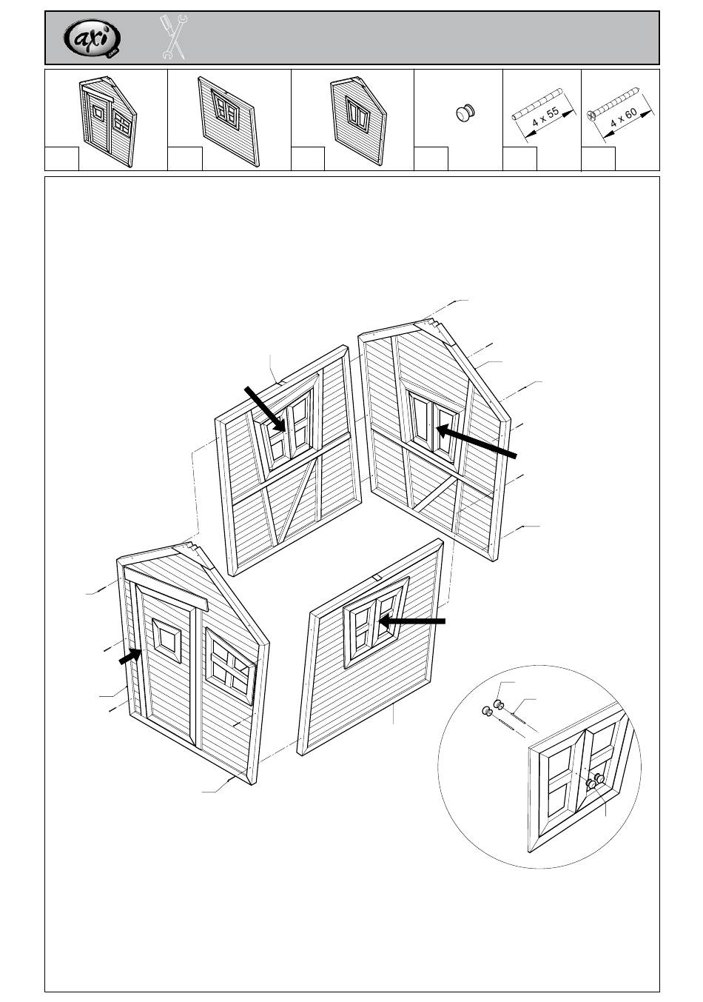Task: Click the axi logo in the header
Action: click(x=92, y=38)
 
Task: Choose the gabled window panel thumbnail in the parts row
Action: click(x=358, y=118)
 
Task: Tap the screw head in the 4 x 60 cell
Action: click(x=592, y=115)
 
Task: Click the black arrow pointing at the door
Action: click(x=130, y=656)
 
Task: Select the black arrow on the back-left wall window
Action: click(x=265, y=408)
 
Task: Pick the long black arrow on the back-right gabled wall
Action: click(x=475, y=442)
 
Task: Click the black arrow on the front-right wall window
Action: click(x=411, y=621)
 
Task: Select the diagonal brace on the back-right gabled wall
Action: click(x=435, y=494)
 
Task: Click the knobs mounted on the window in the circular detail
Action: click(x=595, y=781)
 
